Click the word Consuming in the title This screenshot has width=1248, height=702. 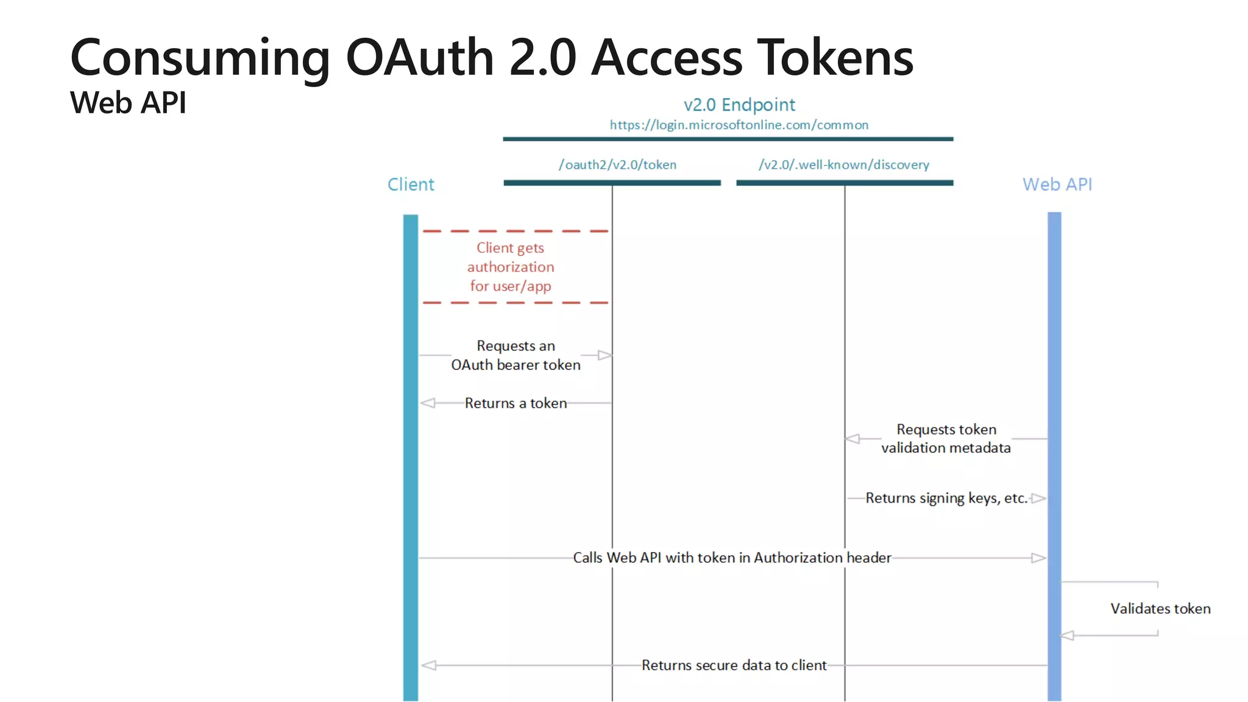pos(200,58)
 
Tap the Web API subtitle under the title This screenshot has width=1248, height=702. pos(128,102)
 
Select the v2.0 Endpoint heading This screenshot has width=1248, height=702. pos(739,105)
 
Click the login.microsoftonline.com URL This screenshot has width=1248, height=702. pos(739,125)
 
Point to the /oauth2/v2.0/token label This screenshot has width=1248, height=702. pos(617,165)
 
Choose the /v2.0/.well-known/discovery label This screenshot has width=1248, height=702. pos(844,165)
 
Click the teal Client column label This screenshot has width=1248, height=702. pos(411,184)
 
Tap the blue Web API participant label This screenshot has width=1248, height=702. pos(1057,184)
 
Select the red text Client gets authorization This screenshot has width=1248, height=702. pos(511,267)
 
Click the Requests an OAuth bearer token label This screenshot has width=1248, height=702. pos(516,355)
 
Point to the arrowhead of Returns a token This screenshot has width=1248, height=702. pos(428,403)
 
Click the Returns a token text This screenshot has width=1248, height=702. pos(516,403)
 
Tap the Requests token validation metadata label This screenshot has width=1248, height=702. pos(946,439)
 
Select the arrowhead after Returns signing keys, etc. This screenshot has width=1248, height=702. pos(1038,498)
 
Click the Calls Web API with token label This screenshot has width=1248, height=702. pos(732,558)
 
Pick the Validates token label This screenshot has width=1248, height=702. pos(1160,608)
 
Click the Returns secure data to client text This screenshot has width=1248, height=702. pos(734,665)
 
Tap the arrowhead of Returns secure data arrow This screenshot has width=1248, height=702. pos(429,665)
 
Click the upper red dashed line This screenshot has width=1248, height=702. pos(516,232)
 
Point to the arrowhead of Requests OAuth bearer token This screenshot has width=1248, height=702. pos(604,355)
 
